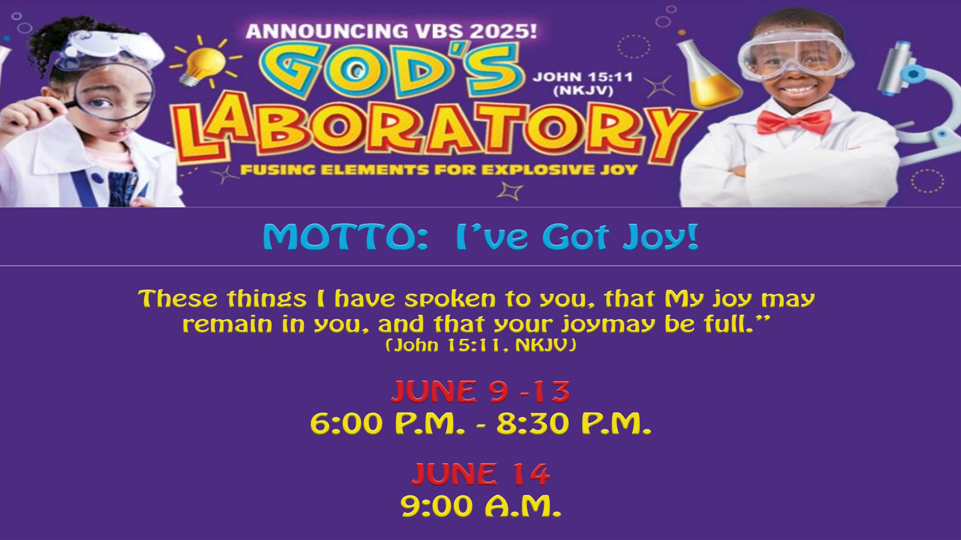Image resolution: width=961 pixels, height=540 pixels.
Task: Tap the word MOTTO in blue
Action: [x=345, y=237]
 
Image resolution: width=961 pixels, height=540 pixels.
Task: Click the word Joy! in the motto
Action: [x=661, y=237]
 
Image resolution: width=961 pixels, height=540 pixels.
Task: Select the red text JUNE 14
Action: [x=481, y=474]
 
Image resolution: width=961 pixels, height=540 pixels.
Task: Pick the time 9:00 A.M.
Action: [x=481, y=506]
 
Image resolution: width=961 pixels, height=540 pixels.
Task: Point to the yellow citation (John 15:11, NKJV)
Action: [x=481, y=345]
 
